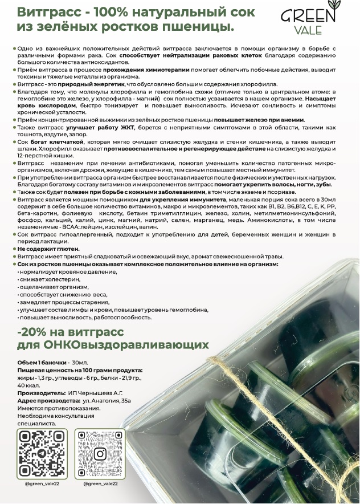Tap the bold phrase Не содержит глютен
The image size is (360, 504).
(x=49, y=249)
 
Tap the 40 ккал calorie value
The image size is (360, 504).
(x=26, y=385)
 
